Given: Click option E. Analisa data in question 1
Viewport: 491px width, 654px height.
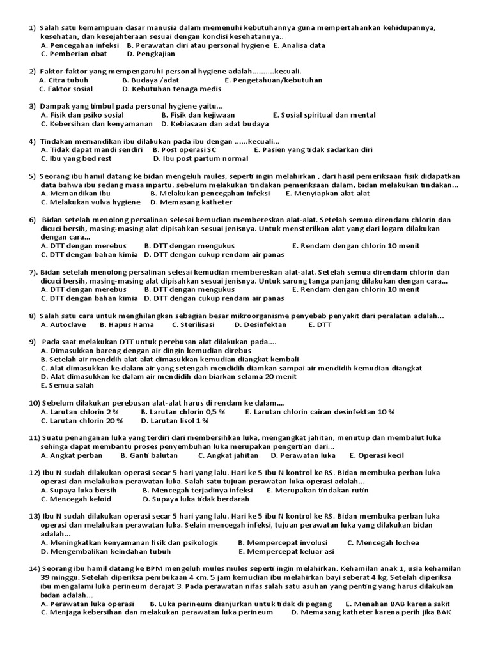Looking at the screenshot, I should [299, 45].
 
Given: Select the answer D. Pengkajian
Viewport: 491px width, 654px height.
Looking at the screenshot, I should [151, 54].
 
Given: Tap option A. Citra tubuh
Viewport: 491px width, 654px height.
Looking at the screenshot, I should [64, 80].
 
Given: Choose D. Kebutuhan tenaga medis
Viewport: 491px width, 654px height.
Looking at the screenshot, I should [171, 89].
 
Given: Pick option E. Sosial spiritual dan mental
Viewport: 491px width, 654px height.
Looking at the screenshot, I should [324, 115].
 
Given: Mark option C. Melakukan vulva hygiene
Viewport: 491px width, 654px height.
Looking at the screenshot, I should [90, 202].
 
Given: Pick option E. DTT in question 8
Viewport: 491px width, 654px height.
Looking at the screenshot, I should [320, 324].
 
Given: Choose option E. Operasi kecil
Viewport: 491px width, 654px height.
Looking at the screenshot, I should [377, 455].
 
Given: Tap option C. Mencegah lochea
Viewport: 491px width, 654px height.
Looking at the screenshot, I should [384, 542].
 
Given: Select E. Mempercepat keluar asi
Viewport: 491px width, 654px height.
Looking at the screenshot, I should [286, 551].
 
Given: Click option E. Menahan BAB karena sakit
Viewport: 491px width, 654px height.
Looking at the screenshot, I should [398, 604].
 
